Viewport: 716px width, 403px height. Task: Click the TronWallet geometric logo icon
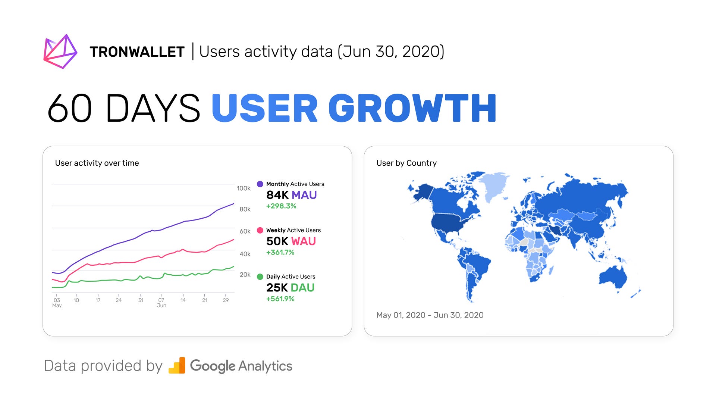60,51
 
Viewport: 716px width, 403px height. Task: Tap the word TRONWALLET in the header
137,52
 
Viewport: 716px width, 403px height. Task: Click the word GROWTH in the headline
412,108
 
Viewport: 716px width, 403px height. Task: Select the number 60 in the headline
70,108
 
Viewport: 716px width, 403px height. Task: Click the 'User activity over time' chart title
97,163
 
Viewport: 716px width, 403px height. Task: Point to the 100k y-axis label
244,188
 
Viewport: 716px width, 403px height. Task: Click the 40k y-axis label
245,254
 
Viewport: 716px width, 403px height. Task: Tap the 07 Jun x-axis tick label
161,303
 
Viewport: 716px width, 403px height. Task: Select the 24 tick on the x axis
119,300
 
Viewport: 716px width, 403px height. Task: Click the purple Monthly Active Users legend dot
260,184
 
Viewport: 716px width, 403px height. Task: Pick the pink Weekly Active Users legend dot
260,230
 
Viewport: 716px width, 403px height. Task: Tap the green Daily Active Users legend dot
260,277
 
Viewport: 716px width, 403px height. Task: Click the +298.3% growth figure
281,206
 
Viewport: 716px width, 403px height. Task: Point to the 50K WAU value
291,241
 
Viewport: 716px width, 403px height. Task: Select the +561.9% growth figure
280,299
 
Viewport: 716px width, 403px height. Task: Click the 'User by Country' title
406,163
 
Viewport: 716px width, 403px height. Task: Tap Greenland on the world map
493,185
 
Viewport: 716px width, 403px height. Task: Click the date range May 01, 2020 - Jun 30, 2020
430,315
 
